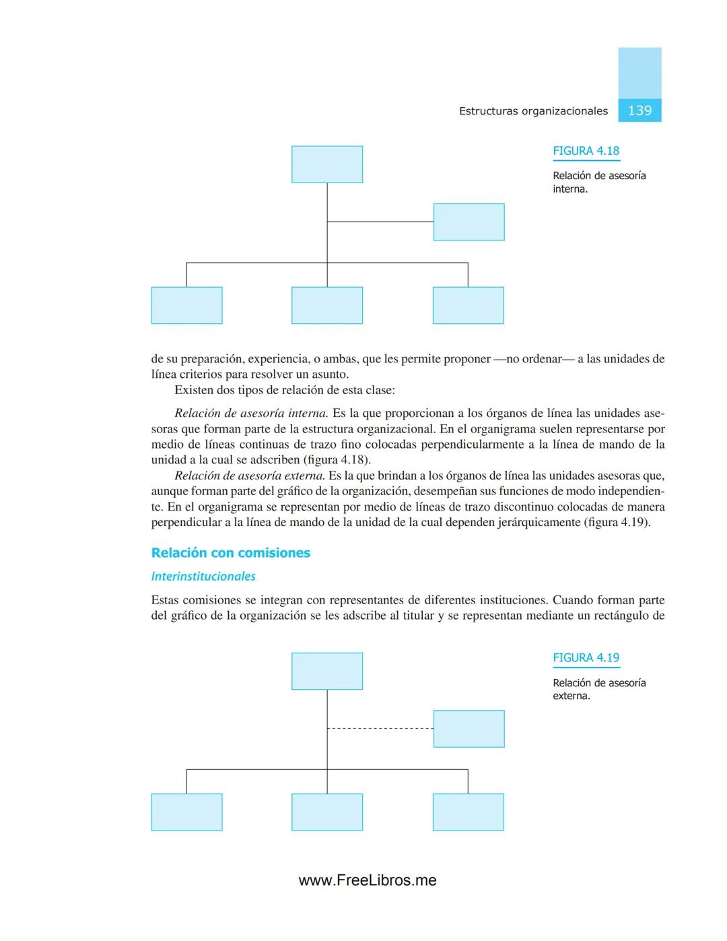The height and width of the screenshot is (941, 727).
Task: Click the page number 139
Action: [639, 110]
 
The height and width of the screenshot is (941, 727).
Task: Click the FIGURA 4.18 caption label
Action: [586, 151]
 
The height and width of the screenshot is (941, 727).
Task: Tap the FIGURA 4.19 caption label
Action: [586, 657]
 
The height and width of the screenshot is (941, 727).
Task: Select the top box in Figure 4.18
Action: [327, 164]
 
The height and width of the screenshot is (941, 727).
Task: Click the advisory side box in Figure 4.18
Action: [469, 222]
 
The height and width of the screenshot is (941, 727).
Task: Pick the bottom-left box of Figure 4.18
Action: [186, 305]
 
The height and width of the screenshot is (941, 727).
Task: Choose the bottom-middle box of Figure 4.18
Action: [327, 305]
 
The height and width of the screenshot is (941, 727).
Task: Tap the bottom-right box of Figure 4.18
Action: [468, 305]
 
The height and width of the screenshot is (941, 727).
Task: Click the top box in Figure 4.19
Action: [327, 671]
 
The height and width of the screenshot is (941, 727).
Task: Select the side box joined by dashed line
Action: [469, 729]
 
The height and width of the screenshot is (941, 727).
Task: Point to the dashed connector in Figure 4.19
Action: [380, 728]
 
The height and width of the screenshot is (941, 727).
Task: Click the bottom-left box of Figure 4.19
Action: [186, 812]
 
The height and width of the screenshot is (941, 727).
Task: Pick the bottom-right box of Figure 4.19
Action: [468, 812]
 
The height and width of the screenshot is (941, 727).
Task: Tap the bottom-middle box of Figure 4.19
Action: [327, 812]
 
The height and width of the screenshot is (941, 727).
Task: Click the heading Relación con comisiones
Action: [231, 553]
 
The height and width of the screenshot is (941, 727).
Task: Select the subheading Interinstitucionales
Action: [203, 577]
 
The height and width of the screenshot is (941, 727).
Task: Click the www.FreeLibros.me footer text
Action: [368, 880]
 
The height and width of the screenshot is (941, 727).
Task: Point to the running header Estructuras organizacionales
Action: [533, 111]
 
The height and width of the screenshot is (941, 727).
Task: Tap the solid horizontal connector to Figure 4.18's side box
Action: [380, 222]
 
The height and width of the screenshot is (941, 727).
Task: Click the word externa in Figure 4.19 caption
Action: [571, 696]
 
